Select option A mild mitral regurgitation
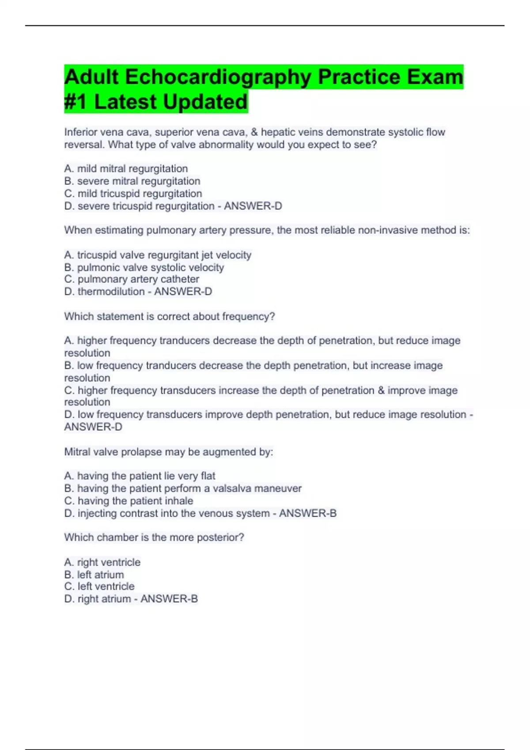tap(126, 169)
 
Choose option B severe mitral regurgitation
tap(132, 181)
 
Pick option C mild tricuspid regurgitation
tap(133, 193)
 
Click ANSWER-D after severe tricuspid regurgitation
tap(253, 206)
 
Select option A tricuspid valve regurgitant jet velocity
tap(158, 255)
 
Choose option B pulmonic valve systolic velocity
tap(144, 267)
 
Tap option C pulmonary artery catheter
tap(132, 279)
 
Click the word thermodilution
tap(111, 292)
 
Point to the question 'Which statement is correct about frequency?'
tap(170, 316)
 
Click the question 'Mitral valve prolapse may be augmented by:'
tap(169, 452)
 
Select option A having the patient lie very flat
tap(140, 476)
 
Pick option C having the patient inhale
tap(129, 501)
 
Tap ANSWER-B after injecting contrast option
tap(307, 513)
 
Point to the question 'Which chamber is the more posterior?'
tap(154, 537)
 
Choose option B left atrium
tap(94, 574)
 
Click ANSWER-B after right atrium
tap(169, 599)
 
